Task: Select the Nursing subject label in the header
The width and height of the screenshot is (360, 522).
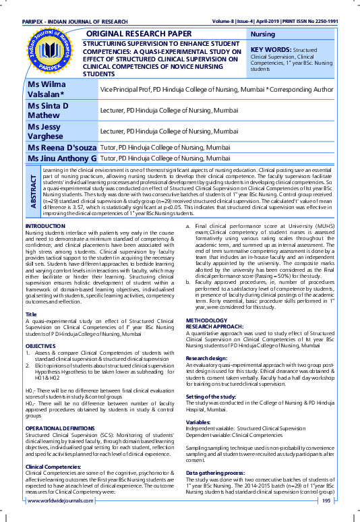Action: point(262,34)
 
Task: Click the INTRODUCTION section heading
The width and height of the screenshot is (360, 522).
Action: point(44,225)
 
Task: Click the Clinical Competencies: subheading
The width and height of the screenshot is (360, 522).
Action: point(55,467)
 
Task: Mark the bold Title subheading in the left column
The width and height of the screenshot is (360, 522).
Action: point(30,315)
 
